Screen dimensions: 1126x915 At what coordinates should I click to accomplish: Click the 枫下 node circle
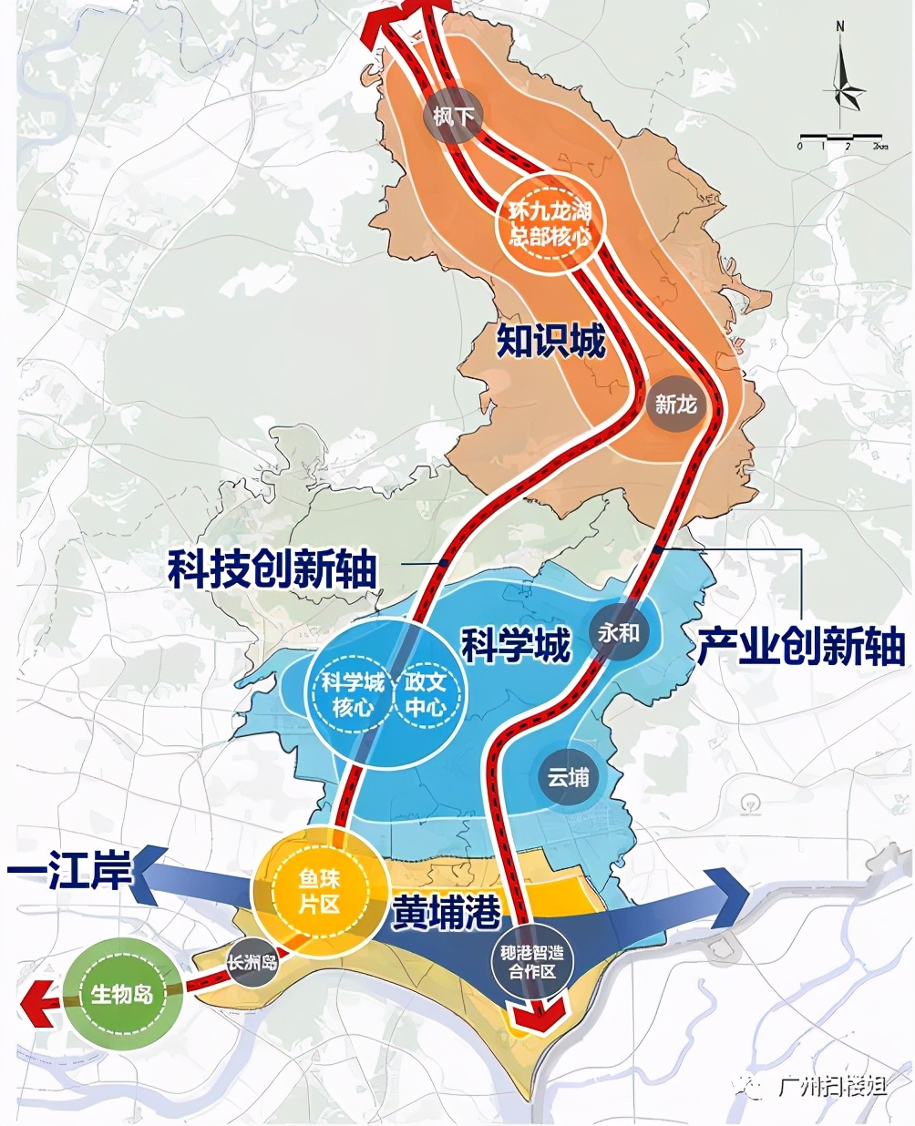pyautogui.click(x=454, y=116)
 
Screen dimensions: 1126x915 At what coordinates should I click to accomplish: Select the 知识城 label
pyautogui.click(x=551, y=342)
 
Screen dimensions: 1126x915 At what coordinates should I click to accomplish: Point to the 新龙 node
pyautogui.click(x=675, y=404)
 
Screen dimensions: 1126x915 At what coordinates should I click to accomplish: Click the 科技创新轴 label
pyautogui.click(x=272, y=570)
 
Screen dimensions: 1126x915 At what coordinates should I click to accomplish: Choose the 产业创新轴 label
pyautogui.click(x=801, y=646)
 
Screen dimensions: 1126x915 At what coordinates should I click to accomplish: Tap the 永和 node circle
pyautogui.click(x=619, y=632)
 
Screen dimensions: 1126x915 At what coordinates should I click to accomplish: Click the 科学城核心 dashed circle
pyautogui.click(x=352, y=694)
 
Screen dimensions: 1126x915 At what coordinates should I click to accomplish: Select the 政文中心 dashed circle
pyautogui.click(x=427, y=694)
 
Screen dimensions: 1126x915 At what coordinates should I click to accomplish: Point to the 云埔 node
pyautogui.click(x=568, y=777)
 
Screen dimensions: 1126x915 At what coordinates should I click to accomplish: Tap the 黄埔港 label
pyautogui.click(x=447, y=911)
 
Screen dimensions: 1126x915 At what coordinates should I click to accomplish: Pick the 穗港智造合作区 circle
pyautogui.click(x=532, y=962)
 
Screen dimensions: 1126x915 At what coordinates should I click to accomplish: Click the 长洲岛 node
pyautogui.click(x=252, y=961)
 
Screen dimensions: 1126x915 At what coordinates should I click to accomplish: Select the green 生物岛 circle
pyautogui.click(x=122, y=993)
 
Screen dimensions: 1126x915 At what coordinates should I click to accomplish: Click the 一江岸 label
pyautogui.click(x=69, y=870)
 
